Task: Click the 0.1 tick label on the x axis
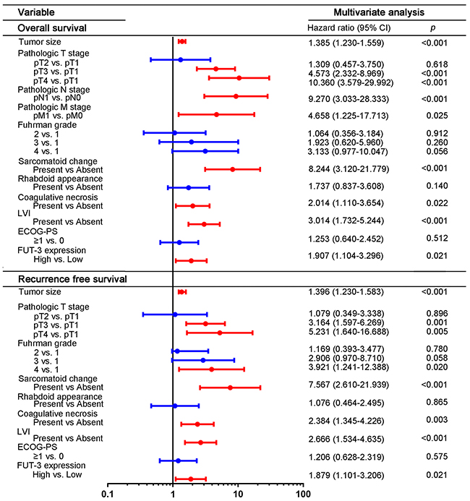coord(108,494)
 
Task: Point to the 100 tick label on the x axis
coord(303,494)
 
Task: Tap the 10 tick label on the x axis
coord(238,494)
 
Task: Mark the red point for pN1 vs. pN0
coord(236,95)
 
